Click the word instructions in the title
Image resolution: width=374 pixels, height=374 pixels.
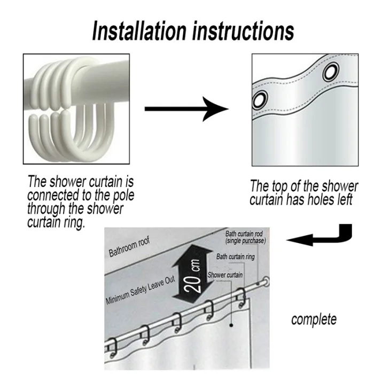coord(243,30)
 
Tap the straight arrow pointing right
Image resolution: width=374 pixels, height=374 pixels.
coord(186,109)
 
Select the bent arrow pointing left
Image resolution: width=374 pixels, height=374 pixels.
coord(320,235)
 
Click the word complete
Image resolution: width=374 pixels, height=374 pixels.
coord(314,320)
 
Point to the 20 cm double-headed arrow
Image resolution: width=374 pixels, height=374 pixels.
coord(193,276)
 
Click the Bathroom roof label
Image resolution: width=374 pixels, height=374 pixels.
coord(129,247)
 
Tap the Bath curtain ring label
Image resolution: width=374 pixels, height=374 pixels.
coord(236,256)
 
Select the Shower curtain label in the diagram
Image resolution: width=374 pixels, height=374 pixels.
coord(225,275)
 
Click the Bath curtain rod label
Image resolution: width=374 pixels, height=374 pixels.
coord(244,233)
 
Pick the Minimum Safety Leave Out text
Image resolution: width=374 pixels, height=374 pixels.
coord(141,290)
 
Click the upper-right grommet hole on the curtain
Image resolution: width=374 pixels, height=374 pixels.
coord(331,71)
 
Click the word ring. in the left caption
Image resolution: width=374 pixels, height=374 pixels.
coord(71,223)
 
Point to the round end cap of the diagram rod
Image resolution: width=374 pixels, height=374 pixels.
coord(266,282)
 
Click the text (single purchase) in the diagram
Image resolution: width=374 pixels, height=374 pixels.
coord(246,240)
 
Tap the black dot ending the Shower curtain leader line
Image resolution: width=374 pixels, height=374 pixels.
coord(231,325)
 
